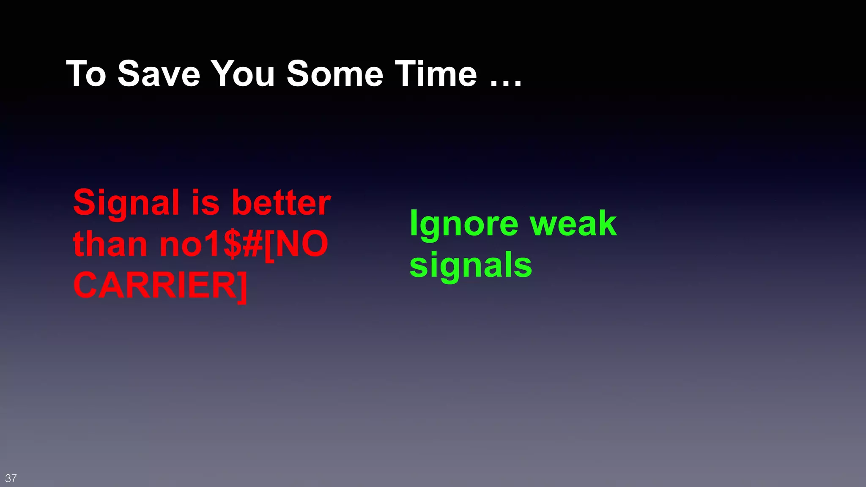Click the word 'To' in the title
click(x=86, y=74)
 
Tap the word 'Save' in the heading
click(x=159, y=74)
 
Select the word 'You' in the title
click(x=243, y=74)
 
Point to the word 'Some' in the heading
click(x=334, y=74)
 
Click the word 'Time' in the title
click(x=436, y=74)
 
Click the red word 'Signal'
click(x=126, y=203)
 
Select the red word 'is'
click(x=206, y=203)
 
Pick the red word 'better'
click(x=281, y=203)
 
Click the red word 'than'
click(x=110, y=244)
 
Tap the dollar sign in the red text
click(x=232, y=244)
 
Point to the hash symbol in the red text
click(x=253, y=244)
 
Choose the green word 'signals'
click(x=471, y=265)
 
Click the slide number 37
click(x=11, y=478)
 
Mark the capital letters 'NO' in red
click(x=301, y=244)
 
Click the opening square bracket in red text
click(x=269, y=245)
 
